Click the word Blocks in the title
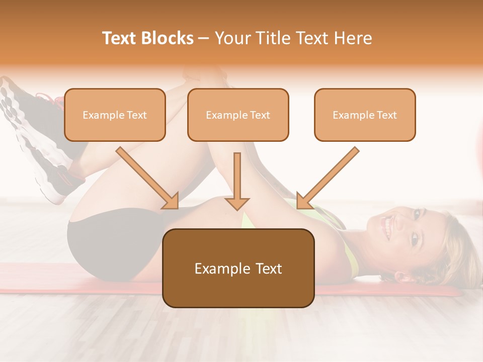tap(169, 38)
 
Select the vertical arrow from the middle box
tap(237, 181)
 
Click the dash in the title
tap(204, 38)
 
